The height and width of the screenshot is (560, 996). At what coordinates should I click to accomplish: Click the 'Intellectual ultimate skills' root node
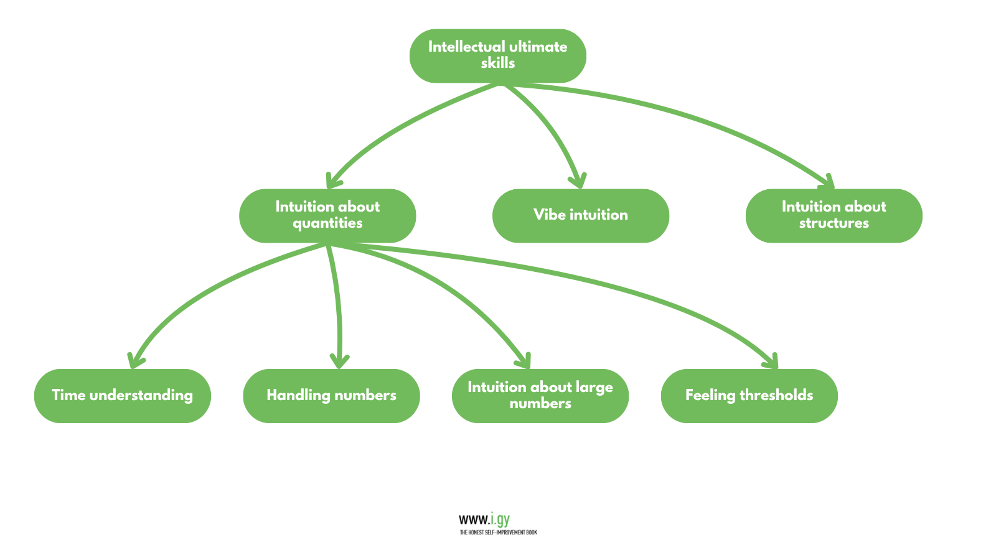tap(497, 55)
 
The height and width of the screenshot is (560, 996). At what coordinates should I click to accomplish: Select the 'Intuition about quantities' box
tap(327, 215)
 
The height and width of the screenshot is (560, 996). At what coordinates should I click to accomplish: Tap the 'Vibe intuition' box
tap(580, 215)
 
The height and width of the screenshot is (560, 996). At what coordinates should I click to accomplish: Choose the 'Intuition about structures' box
tap(834, 215)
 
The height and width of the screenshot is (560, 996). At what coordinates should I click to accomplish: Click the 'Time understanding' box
tap(123, 396)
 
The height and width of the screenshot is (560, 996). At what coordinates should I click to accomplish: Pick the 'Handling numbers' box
tap(331, 396)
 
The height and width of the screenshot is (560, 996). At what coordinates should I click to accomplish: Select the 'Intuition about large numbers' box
tap(540, 396)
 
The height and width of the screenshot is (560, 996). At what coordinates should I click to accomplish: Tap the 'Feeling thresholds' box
tap(749, 396)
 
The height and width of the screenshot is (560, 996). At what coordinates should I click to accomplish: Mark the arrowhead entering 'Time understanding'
tap(135, 361)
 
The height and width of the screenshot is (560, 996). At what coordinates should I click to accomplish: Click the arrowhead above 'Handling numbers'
tap(339, 361)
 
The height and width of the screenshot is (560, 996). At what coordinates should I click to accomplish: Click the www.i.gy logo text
tap(484, 519)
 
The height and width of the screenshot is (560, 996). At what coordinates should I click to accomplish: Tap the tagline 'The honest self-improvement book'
tap(498, 533)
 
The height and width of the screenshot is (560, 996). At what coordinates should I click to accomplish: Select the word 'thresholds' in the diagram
tap(776, 395)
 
